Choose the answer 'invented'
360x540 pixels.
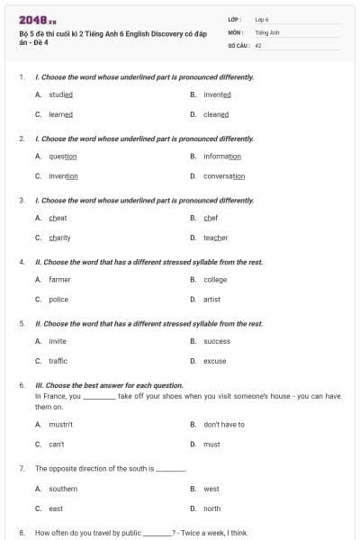(x=217, y=94)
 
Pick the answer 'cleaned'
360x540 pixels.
(x=216, y=114)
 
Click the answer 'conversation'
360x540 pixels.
(x=224, y=176)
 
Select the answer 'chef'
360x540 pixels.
(x=211, y=218)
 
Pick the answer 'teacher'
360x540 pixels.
(x=215, y=238)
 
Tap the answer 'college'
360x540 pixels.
(x=215, y=280)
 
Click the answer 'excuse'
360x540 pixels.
(x=214, y=361)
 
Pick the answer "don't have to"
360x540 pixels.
(x=223, y=425)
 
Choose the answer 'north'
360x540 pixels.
(x=211, y=508)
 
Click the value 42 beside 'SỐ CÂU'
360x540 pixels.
(x=258, y=44)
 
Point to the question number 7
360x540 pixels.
(x=22, y=469)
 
